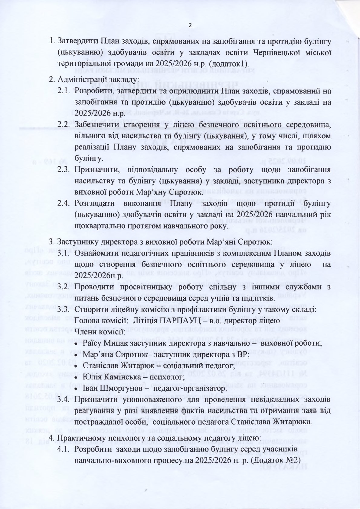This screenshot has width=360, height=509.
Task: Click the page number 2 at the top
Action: (x=190, y=25)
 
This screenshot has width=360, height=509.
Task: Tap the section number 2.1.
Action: (x=64, y=91)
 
